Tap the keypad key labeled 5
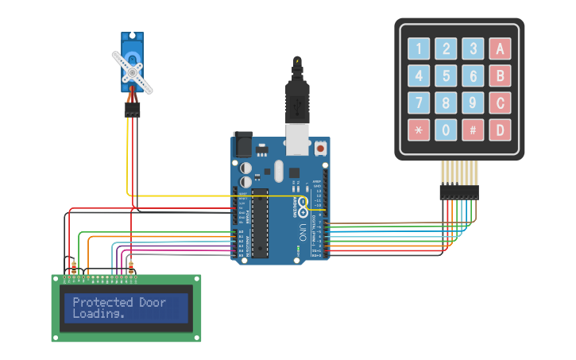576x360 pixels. (446, 76)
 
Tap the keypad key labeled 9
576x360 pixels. (473, 103)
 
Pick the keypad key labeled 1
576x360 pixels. (419, 49)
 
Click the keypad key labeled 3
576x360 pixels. (473, 49)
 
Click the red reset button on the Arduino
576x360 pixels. (320, 148)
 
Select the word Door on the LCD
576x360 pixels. (153, 302)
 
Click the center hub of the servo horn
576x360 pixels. (132, 72)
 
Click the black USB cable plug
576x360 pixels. (297, 99)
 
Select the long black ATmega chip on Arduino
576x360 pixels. (260, 223)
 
